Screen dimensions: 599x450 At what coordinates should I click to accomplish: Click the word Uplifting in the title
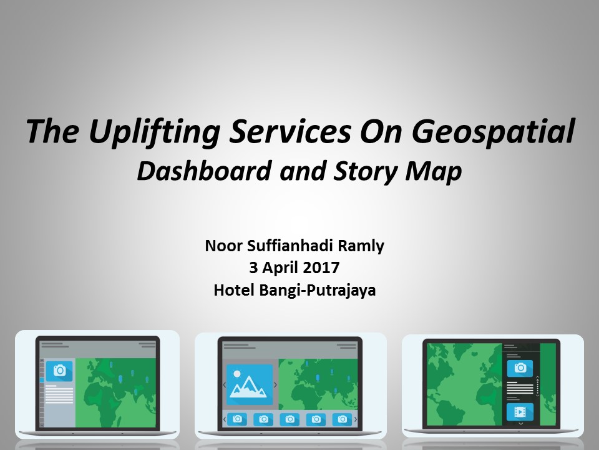point(154,132)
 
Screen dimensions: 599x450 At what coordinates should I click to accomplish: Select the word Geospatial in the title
point(493,132)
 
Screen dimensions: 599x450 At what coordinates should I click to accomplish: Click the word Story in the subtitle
point(366,172)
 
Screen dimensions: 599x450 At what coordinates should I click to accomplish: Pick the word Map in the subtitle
point(434,172)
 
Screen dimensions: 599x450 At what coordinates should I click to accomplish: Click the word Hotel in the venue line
point(234,290)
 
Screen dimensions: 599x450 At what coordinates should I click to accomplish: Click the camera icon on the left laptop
point(59,371)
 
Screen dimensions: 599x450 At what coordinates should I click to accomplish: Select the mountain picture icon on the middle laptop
point(250,384)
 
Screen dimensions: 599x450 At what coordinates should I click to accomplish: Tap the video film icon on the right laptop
point(520,412)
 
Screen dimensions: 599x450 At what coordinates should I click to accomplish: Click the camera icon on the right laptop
point(520,368)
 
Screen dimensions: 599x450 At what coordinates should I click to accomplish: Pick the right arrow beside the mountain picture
point(275,384)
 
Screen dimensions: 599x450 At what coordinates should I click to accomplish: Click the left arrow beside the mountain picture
point(224,384)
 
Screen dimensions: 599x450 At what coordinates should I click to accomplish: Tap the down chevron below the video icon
point(520,424)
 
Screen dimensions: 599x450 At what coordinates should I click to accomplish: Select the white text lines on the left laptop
point(59,394)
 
